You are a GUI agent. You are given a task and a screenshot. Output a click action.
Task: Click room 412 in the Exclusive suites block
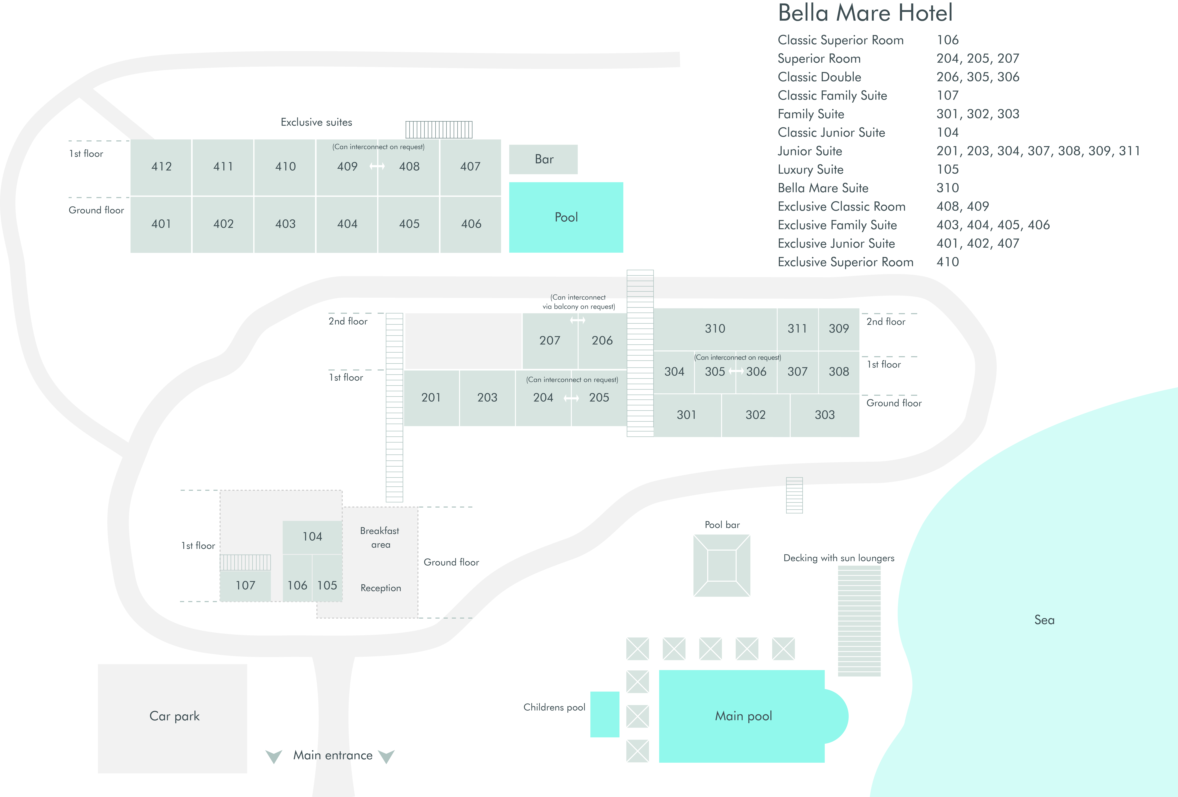pyautogui.click(x=161, y=167)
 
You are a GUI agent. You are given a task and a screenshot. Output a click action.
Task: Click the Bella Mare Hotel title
pyautogui.click(x=865, y=13)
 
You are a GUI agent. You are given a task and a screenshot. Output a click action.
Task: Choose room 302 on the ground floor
pyautogui.click(x=755, y=415)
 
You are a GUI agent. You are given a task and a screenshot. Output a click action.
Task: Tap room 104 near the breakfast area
pyautogui.click(x=312, y=537)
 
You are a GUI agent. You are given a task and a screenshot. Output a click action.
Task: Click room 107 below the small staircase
pyautogui.click(x=245, y=586)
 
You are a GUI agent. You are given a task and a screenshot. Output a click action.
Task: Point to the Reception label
pyautogui.click(x=381, y=588)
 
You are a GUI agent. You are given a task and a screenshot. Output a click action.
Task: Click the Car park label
pyautogui.click(x=174, y=716)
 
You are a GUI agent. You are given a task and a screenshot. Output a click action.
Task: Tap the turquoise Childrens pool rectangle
pyautogui.click(x=605, y=714)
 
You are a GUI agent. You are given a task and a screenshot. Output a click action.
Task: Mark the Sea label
pyautogui.click(x=1044, y=620)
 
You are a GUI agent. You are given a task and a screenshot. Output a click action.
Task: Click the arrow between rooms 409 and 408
pyautogui.click(x=377, y=166)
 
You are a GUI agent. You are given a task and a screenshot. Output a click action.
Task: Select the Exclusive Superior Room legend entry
pyautogui.click(x=845, y=262)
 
